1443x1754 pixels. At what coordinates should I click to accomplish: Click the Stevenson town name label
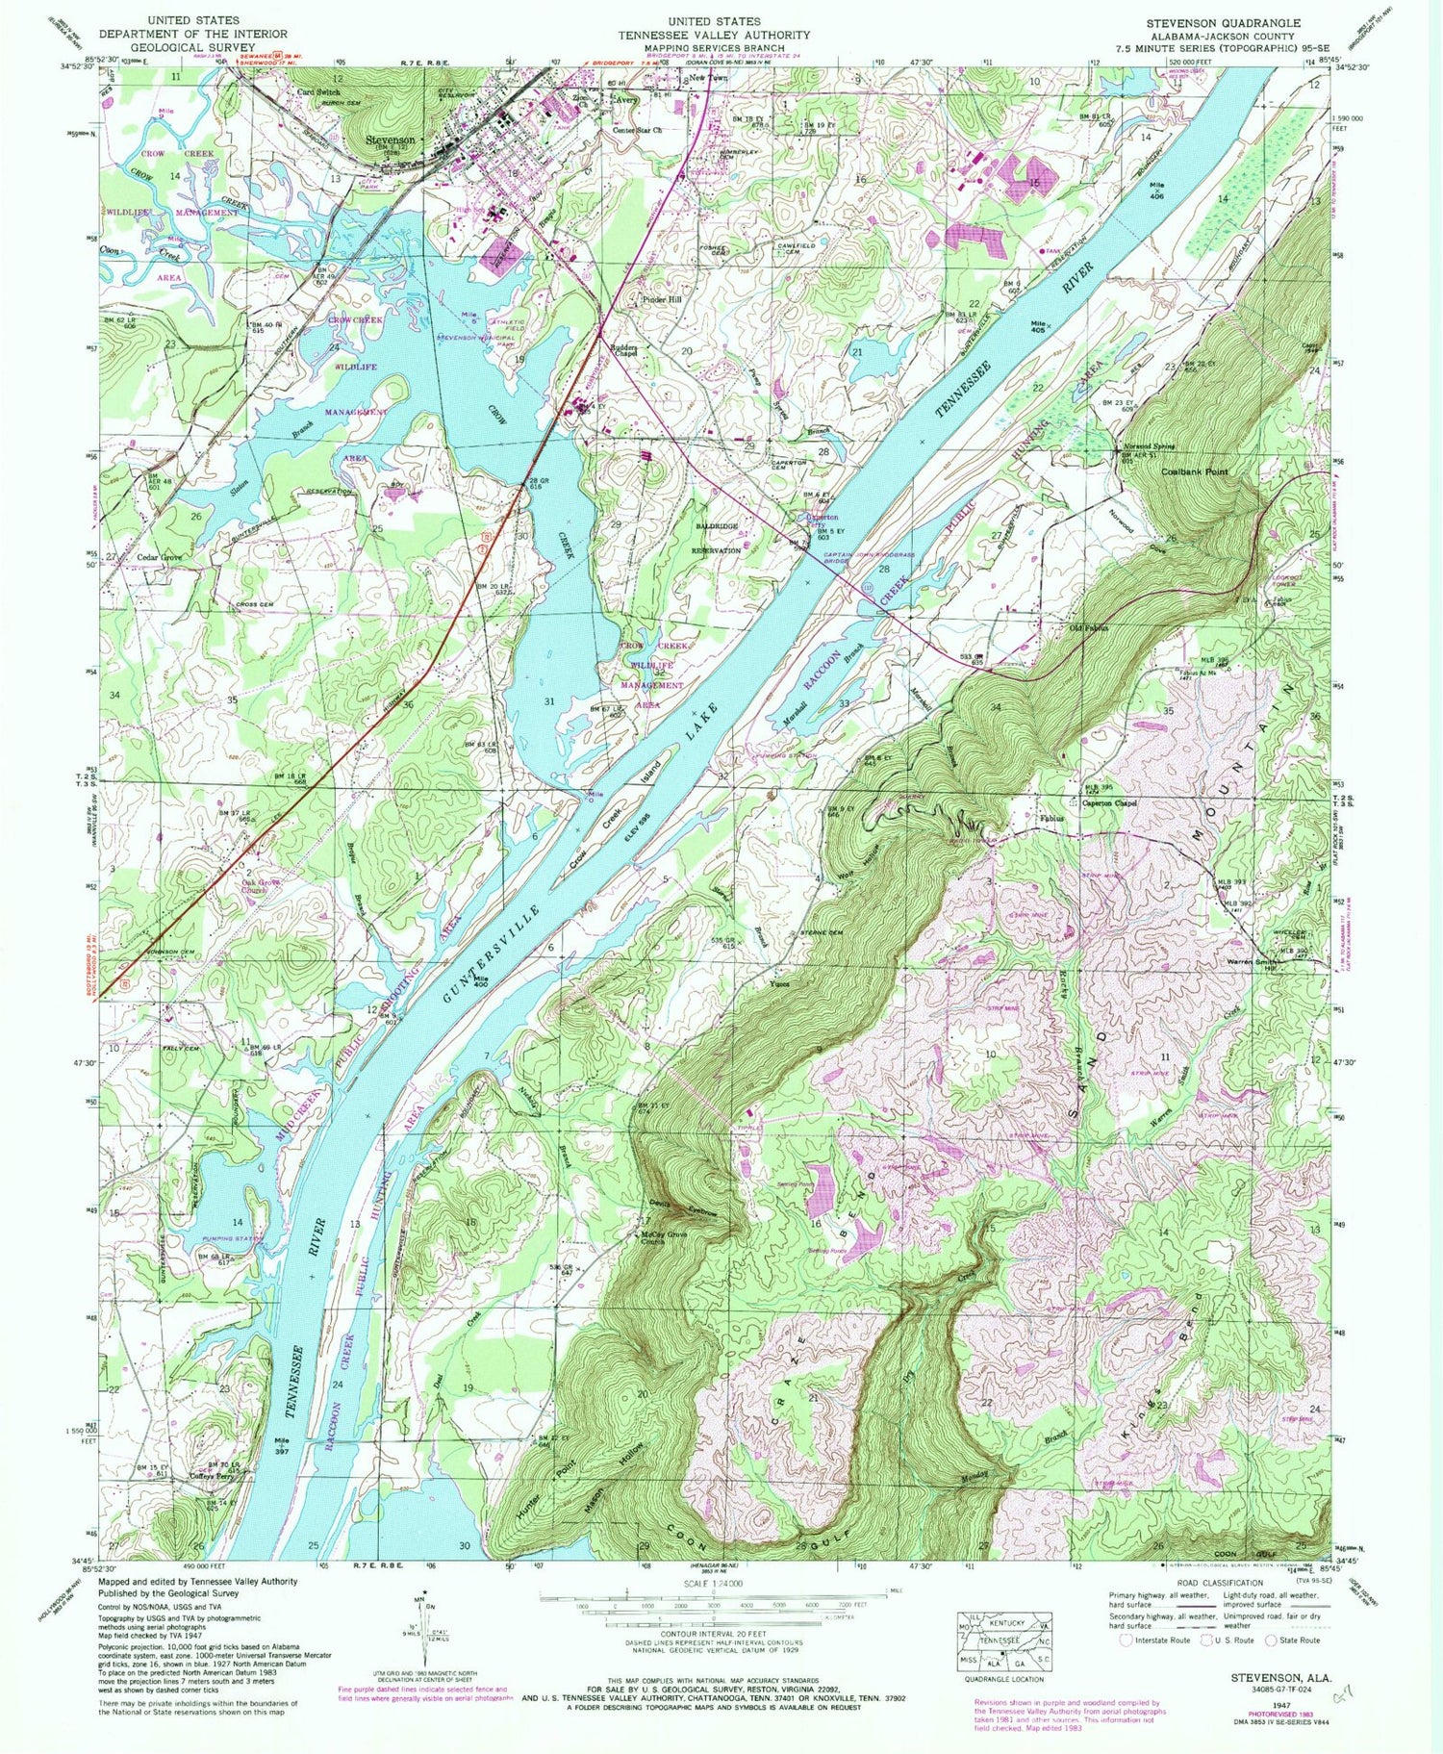click(x=392, y=140)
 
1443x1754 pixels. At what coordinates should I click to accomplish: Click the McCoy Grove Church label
click(x=667, y=1238)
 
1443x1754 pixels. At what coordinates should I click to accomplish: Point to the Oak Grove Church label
click(x=254, y=886)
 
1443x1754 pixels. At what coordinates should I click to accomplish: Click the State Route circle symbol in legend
click(x=1271, y=1640)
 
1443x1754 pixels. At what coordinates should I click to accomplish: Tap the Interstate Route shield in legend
click(x=1127, y=1640)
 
